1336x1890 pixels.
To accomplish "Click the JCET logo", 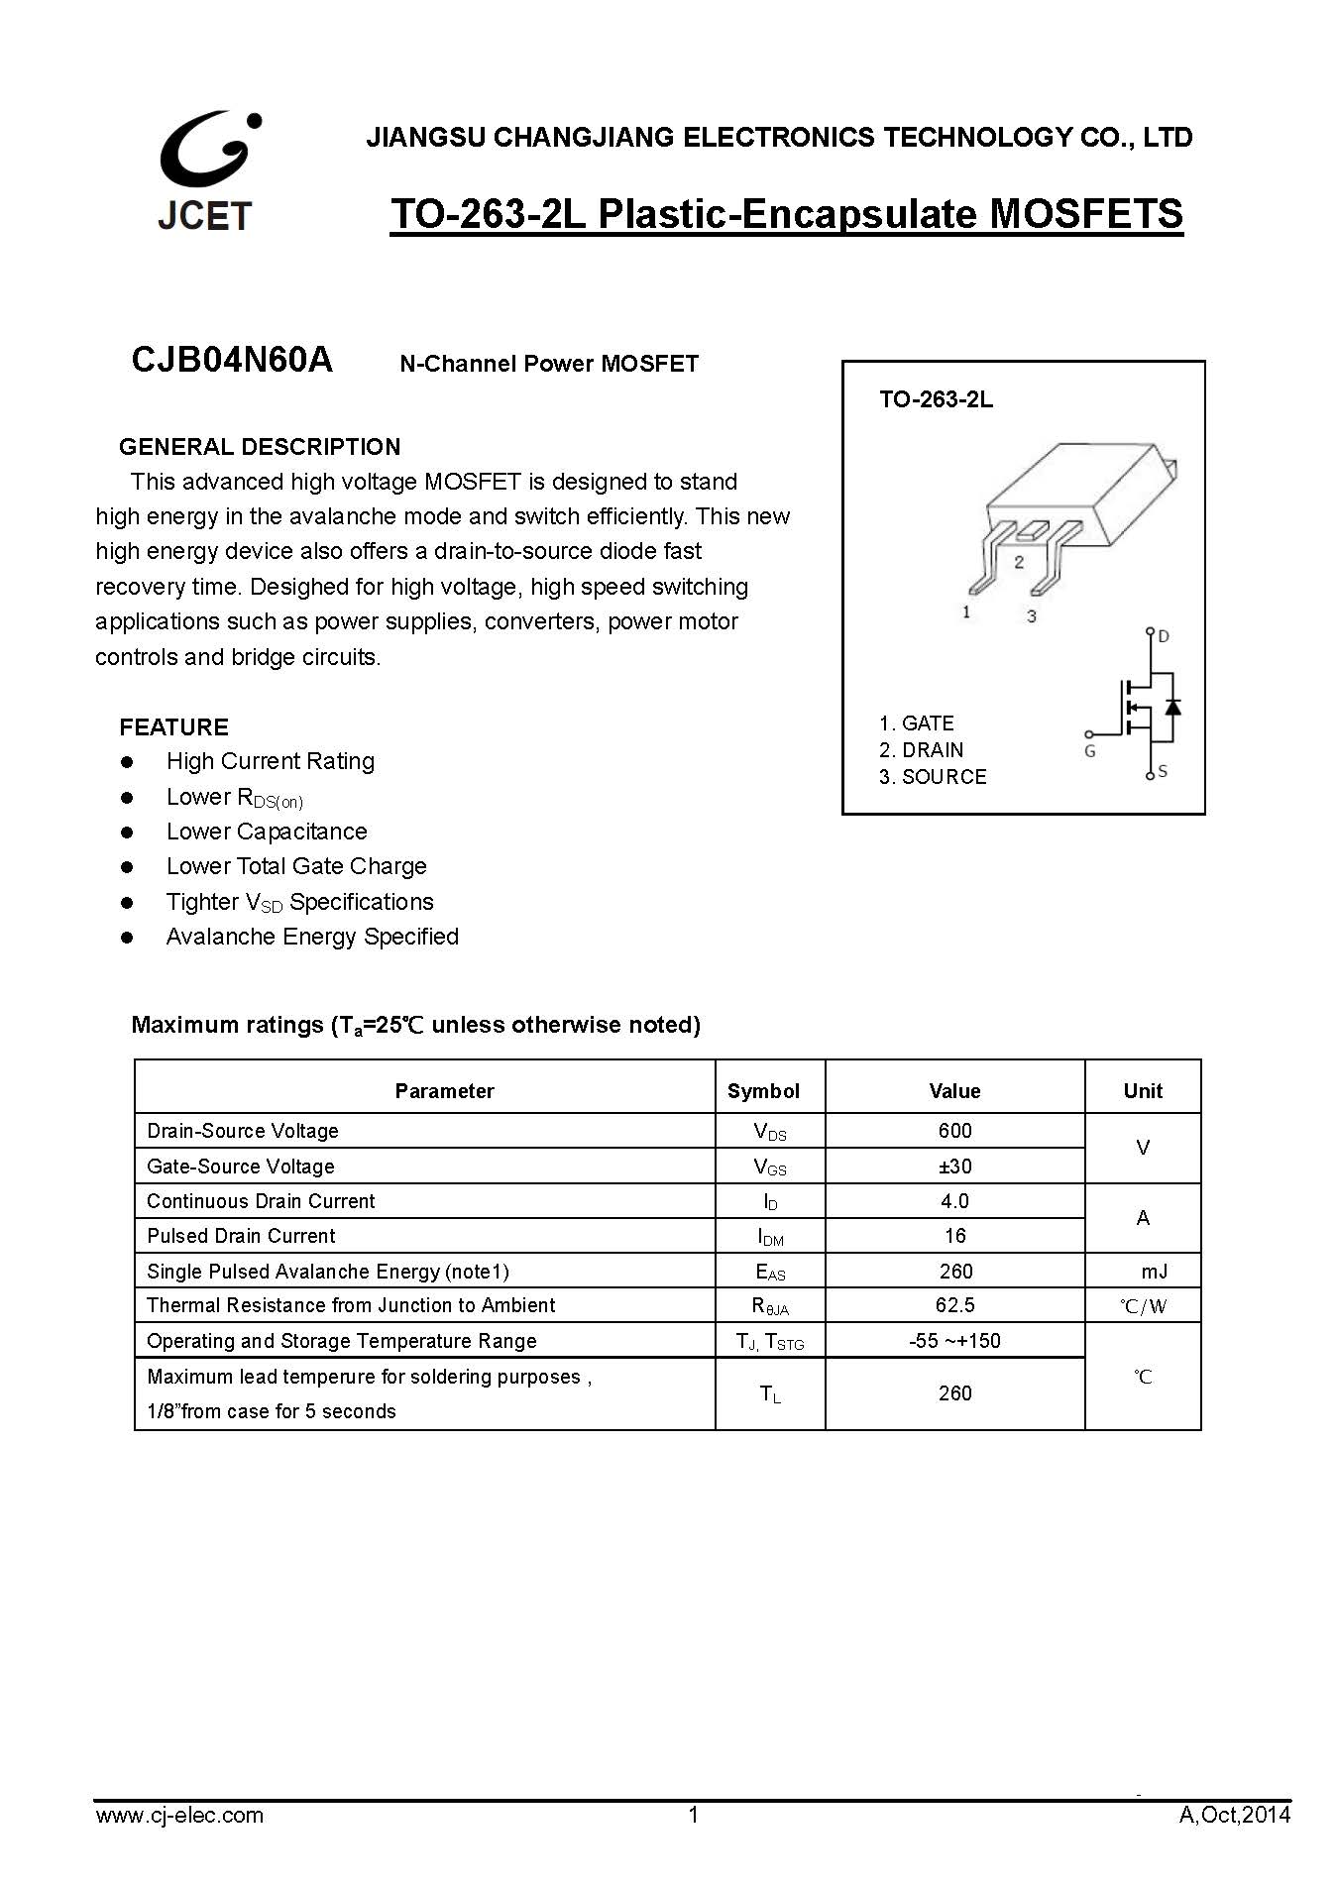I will (x=206, y=171).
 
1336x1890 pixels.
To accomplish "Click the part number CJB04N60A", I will (x=232, y=360).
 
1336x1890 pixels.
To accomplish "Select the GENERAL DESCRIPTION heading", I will (x=260, y=447).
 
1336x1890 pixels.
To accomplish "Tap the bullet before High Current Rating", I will (x=127, y=762).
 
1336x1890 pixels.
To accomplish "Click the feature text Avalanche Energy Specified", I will (x=312, y=937).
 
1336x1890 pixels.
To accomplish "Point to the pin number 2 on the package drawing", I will (x=1019, y=562).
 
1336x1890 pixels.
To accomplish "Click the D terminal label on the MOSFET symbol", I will (x=1164, y=636).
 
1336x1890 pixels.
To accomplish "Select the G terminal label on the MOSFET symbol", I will (x=1090, y=751).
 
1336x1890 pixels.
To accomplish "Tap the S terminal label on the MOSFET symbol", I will (x=1163, y=771).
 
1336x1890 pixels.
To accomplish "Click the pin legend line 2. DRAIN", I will (x=921, y=750).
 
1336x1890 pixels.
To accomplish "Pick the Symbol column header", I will (x=763, y=1091).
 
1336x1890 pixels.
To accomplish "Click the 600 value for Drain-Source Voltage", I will (x=954, y=1131).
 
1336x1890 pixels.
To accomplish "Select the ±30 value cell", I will (x=954, y=1167).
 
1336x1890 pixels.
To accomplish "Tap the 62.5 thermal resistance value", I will (x=954, y=1305).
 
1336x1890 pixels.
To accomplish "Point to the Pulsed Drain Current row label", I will (x=241, y=1236).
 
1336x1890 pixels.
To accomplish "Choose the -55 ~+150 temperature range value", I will (x=954, y=1341).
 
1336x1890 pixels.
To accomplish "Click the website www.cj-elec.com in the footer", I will (x=179, y=1815).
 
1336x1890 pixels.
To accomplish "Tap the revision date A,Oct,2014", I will (x=1235, y=1815).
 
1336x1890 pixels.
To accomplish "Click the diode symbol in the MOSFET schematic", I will (x=1172, y=707).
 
